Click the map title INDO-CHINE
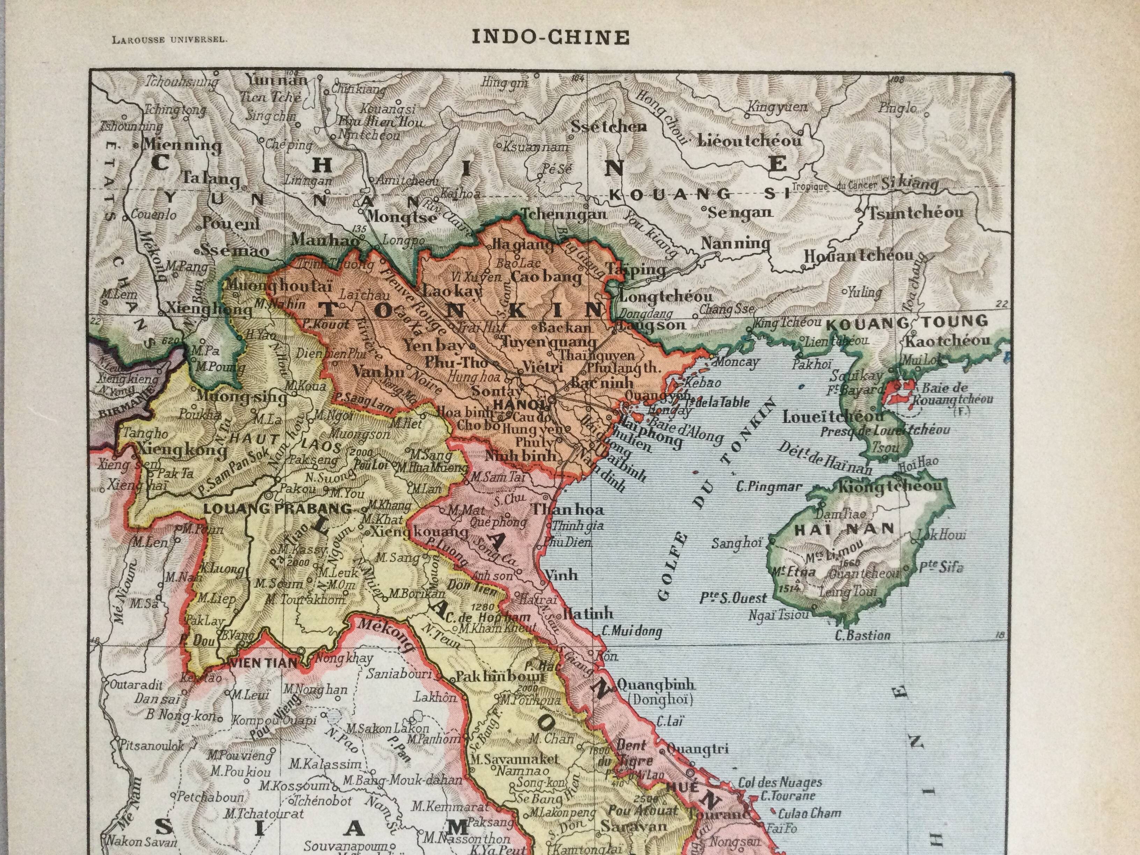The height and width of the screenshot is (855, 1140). pyautogui.click(x=550, y=37)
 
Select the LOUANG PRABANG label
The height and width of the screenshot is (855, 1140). pyautogui.click(x=278, y=509)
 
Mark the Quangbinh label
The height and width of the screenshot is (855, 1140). pyautogui.click(x=656, y=685)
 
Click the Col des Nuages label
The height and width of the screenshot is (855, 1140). pyautogui.click(x=780, y=782)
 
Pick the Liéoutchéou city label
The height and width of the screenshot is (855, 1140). pyautogui.click(x=750, y=140)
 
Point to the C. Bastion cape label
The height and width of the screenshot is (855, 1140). pyautogui.click(x=862, y=635)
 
